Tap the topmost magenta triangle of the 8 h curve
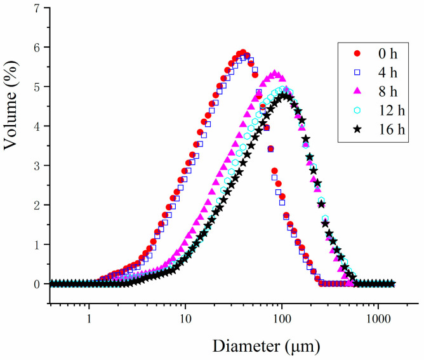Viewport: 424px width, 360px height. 274,74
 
